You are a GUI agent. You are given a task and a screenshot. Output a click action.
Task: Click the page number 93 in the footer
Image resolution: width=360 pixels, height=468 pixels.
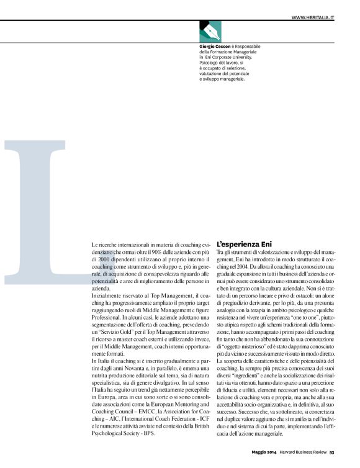(x=332, y=460)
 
